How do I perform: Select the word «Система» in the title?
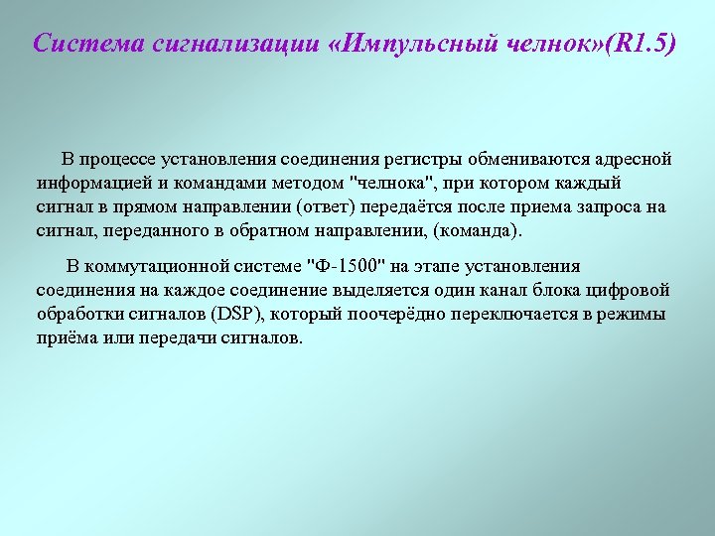80,45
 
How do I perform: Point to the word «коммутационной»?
169,266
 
